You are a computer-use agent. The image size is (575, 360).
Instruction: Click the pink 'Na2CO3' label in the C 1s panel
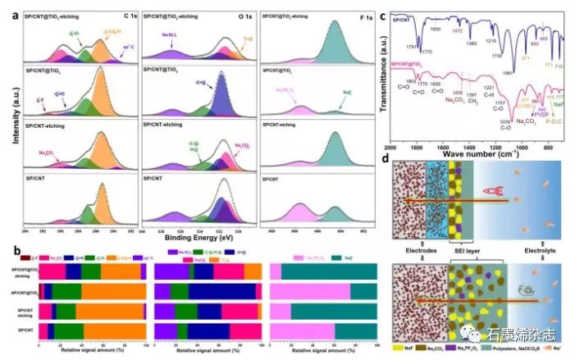tap(48, 153)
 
